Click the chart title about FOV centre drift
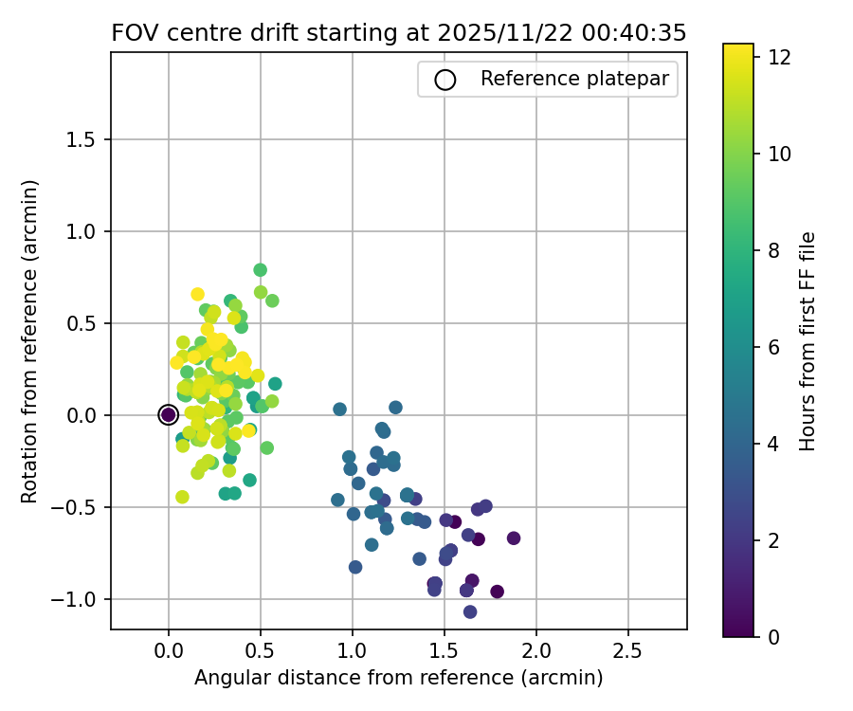point(398,33)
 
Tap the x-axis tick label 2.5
point(627,651)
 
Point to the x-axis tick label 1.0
point(352,651)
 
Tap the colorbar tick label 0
point(773,637)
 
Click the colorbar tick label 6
point(773,347)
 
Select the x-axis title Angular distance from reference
point(398,678)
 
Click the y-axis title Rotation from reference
point(30,341)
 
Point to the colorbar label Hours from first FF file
point(808,341)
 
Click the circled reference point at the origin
point(169,414)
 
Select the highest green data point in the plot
point(260,270)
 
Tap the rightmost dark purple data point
point(514,538)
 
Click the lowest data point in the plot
point(470,611)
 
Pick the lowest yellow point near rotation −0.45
point(182,497)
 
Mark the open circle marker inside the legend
point(445,80)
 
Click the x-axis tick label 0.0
point(169,651)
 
